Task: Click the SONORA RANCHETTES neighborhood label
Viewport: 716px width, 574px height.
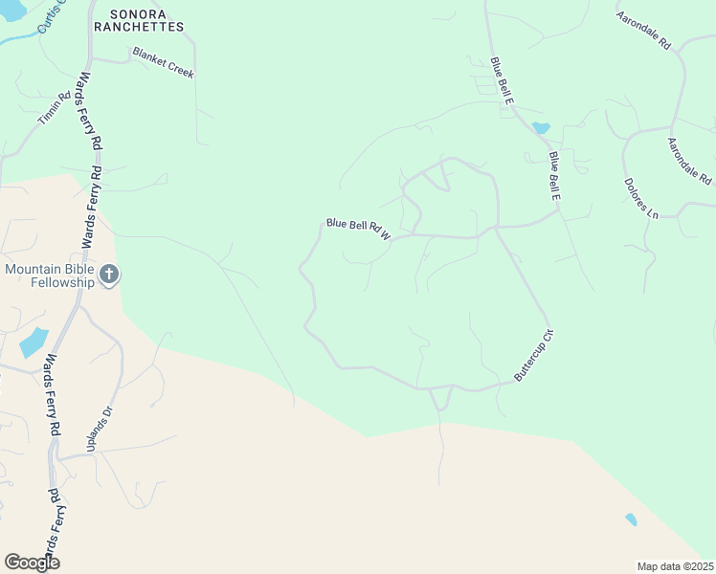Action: [139, 20]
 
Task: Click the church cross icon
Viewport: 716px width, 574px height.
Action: [109, 276]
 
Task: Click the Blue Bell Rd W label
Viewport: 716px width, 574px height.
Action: [359, 230]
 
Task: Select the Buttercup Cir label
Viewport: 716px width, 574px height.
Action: [534, 356]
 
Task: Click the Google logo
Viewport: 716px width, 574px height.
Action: [32, 563]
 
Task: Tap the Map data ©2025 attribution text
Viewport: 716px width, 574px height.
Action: [675, 566]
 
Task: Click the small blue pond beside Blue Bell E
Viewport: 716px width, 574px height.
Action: [541, 127]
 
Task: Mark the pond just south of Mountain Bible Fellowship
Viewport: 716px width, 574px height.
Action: [33, 342]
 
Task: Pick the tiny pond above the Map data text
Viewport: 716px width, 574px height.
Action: [630, 519]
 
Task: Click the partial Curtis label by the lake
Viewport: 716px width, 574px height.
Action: [54, 16]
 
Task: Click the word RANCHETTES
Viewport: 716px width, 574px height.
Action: [139, 27]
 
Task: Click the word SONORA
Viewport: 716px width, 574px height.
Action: [139, 13]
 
